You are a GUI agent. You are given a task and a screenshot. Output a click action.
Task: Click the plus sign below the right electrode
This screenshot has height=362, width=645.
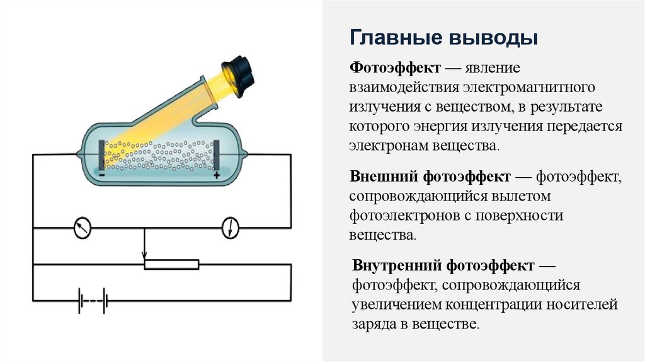pos(217,175)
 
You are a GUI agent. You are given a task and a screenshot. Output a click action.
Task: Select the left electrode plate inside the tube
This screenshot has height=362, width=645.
pos(101,155)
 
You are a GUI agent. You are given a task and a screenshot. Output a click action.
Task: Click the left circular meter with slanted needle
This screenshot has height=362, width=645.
pos(82,228)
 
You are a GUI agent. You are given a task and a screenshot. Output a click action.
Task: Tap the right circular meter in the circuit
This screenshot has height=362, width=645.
pos(231,228)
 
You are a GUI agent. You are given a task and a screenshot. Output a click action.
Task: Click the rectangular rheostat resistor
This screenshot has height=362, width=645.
pos(171,264)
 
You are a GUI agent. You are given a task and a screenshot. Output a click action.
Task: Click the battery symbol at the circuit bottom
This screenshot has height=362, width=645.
pos(92,301)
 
